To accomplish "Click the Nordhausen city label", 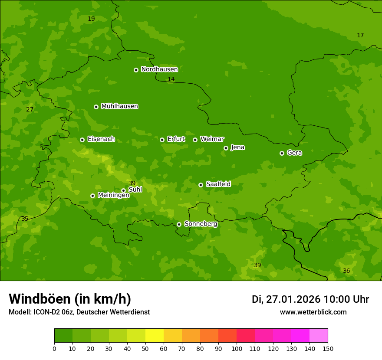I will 159,69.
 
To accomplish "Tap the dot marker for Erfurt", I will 162,140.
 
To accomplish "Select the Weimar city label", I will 212,139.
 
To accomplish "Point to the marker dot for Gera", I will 282,153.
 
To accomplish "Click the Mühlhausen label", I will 119,106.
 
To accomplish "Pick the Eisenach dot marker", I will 82,140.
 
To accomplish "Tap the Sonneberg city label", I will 201,224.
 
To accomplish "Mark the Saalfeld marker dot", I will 201,185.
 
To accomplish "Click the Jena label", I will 237,147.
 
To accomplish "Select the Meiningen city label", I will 113,195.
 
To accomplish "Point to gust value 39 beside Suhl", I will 132,183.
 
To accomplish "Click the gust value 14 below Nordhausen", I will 171,79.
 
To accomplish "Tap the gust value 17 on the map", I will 360,35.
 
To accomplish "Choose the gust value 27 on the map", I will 30,109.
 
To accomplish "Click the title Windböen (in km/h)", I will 70,299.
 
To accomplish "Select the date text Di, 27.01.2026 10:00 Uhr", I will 310,299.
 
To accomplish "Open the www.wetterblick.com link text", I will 313,312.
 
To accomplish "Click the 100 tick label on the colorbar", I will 237,349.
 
